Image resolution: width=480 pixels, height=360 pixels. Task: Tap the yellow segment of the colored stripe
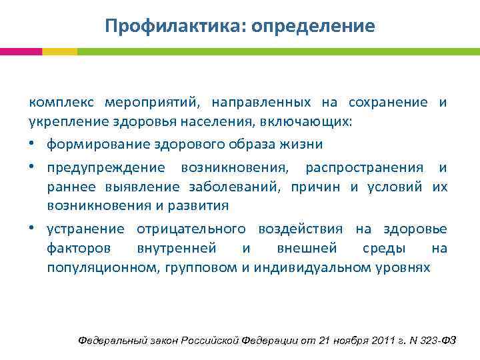coord(59,51)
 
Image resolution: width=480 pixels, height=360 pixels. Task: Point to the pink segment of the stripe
coord(21,51)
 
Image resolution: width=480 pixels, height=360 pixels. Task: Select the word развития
coord(200,206)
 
